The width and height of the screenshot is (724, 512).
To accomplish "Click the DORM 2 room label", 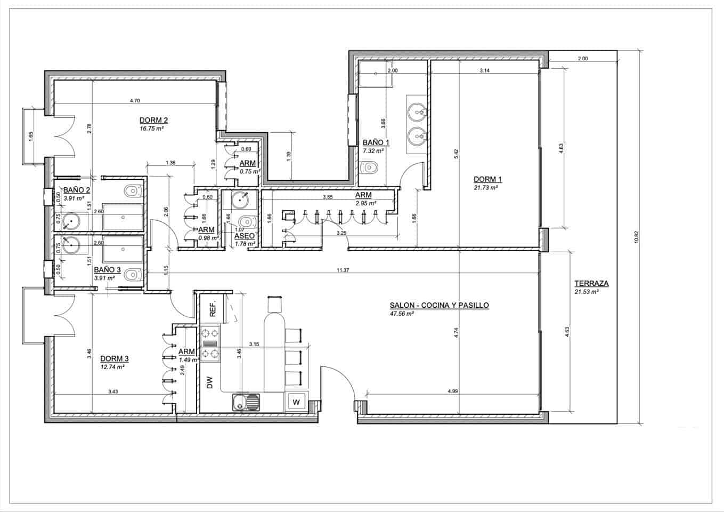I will [153, 120].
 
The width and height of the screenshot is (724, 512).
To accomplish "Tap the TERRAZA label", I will [591, 284].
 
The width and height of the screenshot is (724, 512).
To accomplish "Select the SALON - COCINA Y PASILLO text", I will [439, 305].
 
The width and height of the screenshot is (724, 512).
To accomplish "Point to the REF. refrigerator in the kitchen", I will [212, 309].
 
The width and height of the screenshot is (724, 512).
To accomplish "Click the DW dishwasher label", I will [209, 382].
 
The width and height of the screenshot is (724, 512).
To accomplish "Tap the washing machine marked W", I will [297, 402].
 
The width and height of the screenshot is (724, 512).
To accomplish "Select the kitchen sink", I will [247, 402].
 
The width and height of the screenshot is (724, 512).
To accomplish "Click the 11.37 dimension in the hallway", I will [343, 270].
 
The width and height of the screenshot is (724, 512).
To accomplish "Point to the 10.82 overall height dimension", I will [636, 237].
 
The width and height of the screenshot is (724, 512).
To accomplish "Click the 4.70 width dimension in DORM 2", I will [135, 100].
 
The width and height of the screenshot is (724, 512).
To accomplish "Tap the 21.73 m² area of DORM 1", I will [485, 188].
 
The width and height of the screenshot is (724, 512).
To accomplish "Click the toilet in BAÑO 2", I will [132, 190].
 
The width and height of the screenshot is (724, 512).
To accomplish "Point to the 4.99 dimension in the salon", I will [453, 391].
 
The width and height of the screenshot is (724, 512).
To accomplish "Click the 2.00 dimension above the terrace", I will [582, 59].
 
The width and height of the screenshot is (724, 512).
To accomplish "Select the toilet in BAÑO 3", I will [131, 275].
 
